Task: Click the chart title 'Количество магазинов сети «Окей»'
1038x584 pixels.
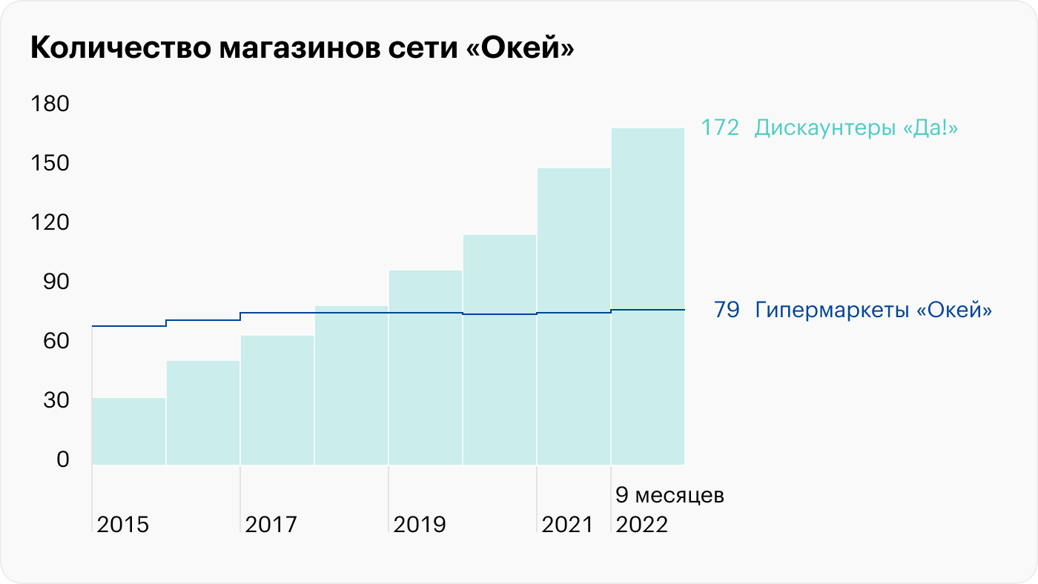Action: pos(303,49)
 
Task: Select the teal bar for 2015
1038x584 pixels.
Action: pos(129,431)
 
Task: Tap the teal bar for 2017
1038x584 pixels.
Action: pos(277,400)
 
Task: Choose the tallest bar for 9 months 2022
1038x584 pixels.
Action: pos(648,296)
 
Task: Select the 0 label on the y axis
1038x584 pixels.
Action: pos(62,459)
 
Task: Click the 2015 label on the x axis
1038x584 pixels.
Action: pos(123,525)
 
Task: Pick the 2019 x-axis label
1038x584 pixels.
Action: pos(420,525)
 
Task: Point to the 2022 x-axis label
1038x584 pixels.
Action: pos(642,525)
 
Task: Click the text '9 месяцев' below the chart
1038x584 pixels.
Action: pos(670,495)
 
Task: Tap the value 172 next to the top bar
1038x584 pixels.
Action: pos(720,128)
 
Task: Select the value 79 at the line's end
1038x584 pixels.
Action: pos(727,310)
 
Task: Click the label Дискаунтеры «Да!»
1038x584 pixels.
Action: pos(856,128)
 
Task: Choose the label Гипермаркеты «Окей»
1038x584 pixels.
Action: pos(873,310)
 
